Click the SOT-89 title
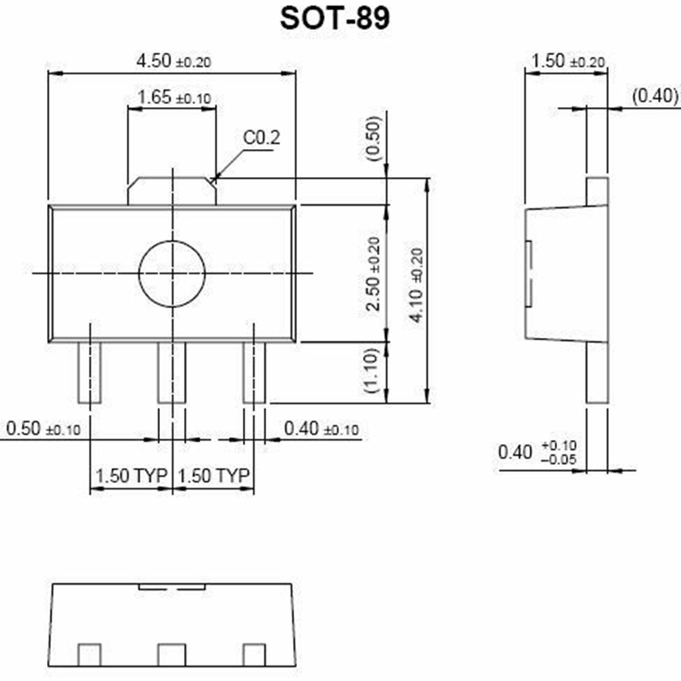[x=334, y=18]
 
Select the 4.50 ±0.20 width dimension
[x=174, y=61]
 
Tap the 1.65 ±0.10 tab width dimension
[x=174, y=97]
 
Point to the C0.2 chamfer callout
[x=262, y=138]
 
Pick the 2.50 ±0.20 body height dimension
[x=373, y=273]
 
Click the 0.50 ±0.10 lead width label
[x=43, y=429]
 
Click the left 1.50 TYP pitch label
[x=131, y=475]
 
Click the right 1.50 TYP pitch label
[x=213, y=475]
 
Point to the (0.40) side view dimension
[x=656, y=96]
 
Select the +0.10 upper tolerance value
[x=558, y=445]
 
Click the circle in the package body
[x=172, y=273]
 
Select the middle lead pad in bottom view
[x=172, y=654]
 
